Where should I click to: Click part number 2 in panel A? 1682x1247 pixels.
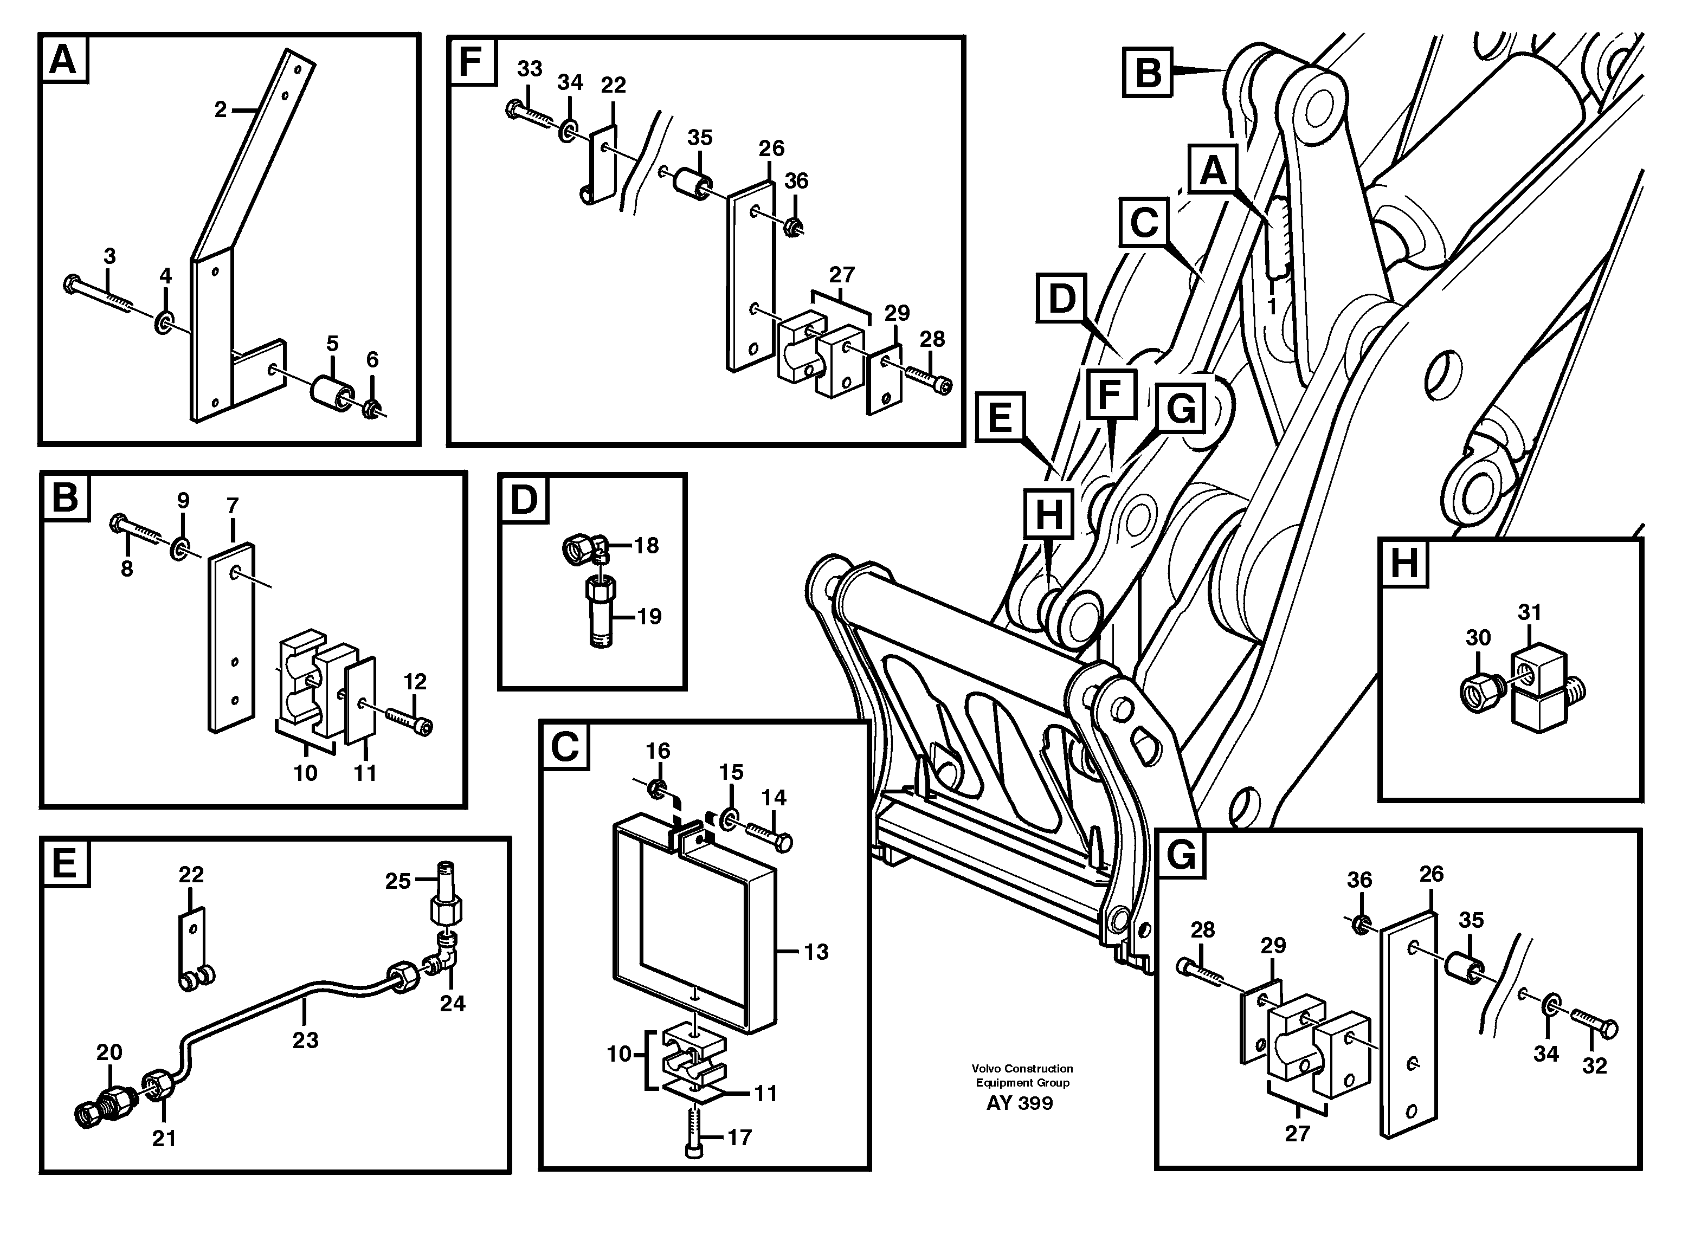[220, 110]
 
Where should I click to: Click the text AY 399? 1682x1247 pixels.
[1019, 1103]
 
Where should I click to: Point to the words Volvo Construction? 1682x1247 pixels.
[1022, 1068]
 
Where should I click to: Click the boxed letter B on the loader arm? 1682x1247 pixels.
[1148, 73]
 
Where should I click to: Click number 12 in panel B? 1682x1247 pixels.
[415, 682]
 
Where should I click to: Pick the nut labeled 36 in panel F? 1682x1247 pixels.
[792, 225]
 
